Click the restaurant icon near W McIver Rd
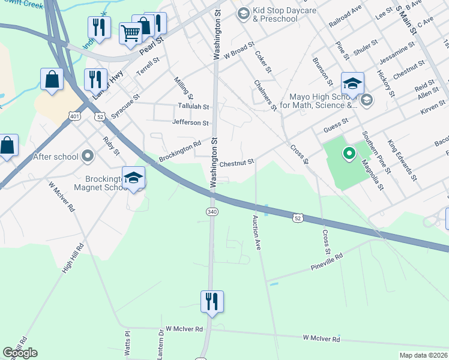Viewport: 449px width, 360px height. tap(212, 301)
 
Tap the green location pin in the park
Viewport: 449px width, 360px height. tap(349, 155)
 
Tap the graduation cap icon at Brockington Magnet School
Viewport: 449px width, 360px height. tap(133, 178)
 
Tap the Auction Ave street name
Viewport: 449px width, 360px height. tap(257, 232)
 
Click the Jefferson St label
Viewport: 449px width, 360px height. tap(190, 123)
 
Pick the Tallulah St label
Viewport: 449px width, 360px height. tap(193, 107)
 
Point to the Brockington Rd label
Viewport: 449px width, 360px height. tap(179, 152)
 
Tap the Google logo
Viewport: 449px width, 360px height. tap(20, 353)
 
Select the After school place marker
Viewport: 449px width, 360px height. tap(88, 157)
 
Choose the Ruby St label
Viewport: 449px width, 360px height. tap(107, 145)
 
